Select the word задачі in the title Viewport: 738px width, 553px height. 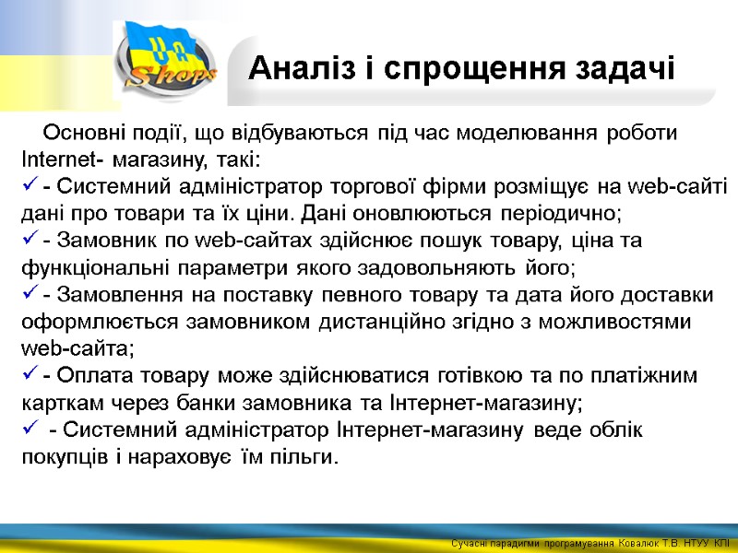coord(624,68)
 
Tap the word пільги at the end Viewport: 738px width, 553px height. coord(305,457)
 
